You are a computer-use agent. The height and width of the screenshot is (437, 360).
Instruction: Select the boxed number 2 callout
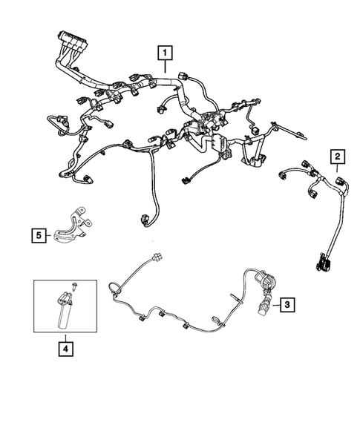338,156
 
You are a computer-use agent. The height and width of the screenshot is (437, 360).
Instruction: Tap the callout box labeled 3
286,303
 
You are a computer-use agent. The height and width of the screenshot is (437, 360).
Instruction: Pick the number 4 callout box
66,345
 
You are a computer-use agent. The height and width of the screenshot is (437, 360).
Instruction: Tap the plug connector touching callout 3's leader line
264,304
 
